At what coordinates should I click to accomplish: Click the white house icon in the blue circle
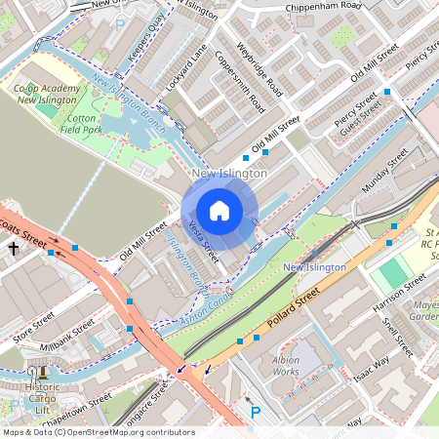tap(219, 211)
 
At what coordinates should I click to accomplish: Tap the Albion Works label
tap(286, 366)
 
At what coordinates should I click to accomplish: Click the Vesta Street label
tap(203, 240)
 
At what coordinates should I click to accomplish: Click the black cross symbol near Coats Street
tap(14, 249)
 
